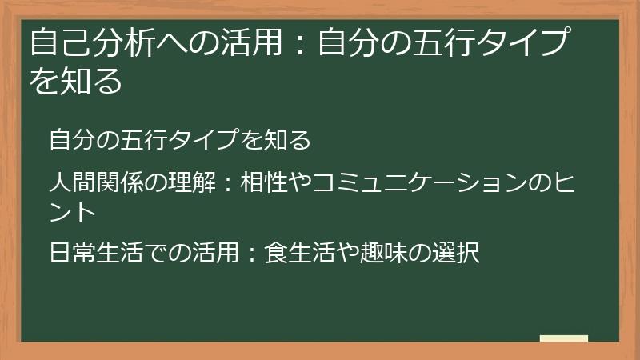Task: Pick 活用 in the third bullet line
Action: coord(214,254)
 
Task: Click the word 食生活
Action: coord(298,254)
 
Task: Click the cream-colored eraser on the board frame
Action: coord(564,338)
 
